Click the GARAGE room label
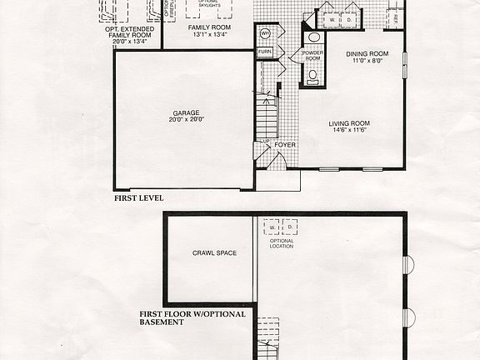point(186,112)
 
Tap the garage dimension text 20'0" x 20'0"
point(186,120)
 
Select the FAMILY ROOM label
point(208,27)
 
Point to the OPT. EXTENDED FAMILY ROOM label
point(128,32)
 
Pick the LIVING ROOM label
point(349,123)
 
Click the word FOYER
point(285,143)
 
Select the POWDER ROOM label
point(312,56)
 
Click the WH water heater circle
point(265,33)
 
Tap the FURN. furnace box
point(265,52)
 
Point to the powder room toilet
point(313,75)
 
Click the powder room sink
point(314,37)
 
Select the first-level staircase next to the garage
point(267,117)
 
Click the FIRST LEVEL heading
point(138,198)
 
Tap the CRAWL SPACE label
point(209,253)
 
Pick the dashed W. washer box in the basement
point(272,227)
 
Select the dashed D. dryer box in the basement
point(289,227)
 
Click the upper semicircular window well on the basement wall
point(408,265)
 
